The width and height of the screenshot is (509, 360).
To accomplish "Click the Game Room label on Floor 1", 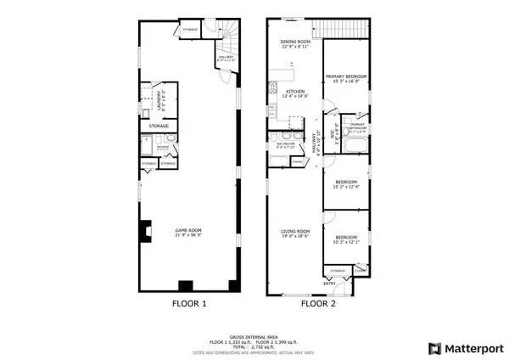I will pos(189,231).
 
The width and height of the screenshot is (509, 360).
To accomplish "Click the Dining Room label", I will pos(296,43).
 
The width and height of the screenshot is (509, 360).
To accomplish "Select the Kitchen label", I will pos(295,93).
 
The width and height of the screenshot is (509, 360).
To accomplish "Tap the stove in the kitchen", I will pos(273,86).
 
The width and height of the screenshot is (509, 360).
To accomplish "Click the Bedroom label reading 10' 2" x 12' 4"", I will pos(345,184).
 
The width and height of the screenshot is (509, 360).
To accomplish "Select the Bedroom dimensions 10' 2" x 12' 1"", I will pos(345,243).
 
